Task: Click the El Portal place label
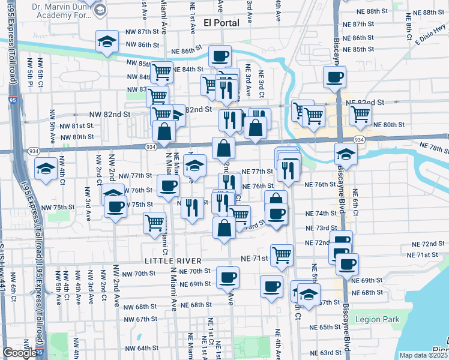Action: (221, 23)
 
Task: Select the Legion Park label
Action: (377, 320)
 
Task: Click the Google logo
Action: (19, 353)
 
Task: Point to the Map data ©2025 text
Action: (423, 355)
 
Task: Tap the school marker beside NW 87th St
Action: (107, 43)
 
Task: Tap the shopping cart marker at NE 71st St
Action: (282, 255)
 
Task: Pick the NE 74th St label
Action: (321, 214)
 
